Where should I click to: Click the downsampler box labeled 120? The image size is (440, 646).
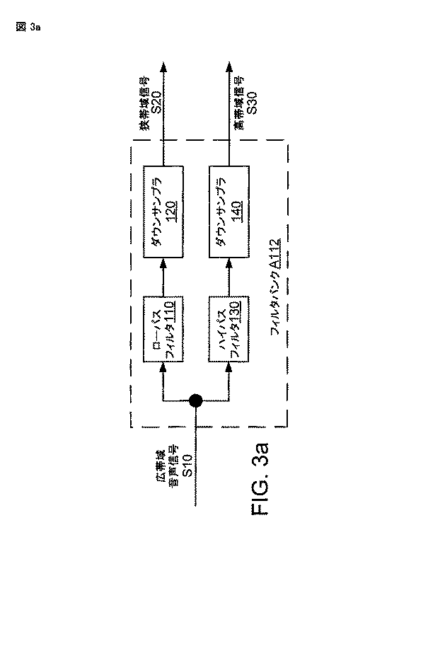(x=163, y=212)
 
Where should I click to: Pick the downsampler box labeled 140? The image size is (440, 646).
(x=229, y=212)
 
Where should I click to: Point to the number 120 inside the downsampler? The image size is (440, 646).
(x=170, y=212)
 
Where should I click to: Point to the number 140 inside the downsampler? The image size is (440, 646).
(x=237, y=212)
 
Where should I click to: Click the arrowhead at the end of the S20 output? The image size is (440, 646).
(x=163, y=67)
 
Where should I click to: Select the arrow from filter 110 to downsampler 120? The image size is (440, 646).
(x=163, y=275)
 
